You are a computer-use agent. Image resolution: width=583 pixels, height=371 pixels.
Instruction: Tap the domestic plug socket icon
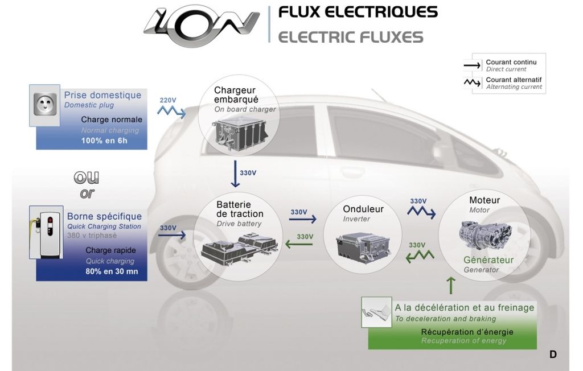point(44,106)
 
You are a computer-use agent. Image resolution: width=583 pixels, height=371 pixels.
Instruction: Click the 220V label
point(168,100)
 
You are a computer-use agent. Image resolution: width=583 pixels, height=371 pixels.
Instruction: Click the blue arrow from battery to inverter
point(303,219)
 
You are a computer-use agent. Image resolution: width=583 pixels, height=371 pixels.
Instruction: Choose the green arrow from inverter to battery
point(298,244)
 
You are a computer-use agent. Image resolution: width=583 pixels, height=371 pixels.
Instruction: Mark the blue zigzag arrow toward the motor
point(422,212)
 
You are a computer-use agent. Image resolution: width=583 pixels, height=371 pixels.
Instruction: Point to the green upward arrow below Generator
point(451,285)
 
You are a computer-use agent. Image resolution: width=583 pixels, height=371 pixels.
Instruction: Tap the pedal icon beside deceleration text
point(376,312)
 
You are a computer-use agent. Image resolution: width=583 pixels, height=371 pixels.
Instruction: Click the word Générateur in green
point(488,260)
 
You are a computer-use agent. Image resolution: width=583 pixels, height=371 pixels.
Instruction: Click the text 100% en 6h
point(104,141)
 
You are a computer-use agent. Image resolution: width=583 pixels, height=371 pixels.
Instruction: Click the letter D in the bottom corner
point(553,354)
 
